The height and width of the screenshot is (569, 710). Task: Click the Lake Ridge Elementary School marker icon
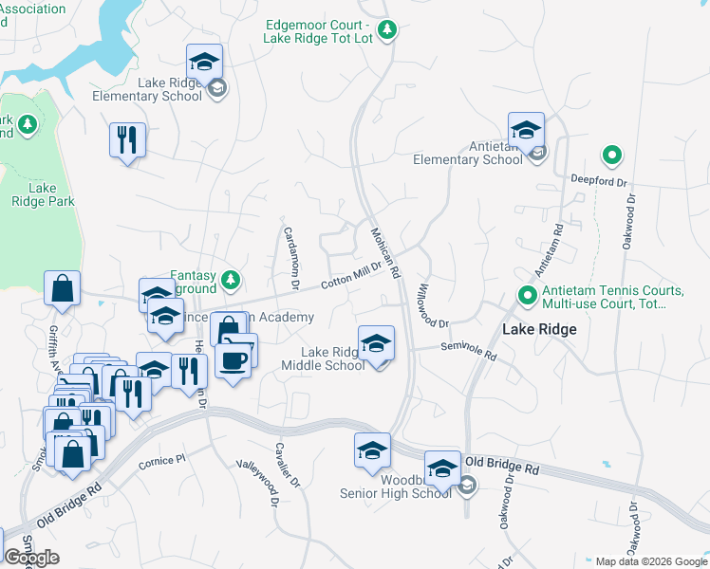[x=204, y=63]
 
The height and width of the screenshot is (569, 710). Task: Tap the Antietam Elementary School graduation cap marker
[x=526, y=131]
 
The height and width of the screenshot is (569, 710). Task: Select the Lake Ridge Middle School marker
[x=377, y=343]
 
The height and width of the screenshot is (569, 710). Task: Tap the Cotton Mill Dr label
[x=350, y=276]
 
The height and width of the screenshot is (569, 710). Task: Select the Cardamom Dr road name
[x=289, y=257]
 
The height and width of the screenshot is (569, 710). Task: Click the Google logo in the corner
[x=31, y=558]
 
